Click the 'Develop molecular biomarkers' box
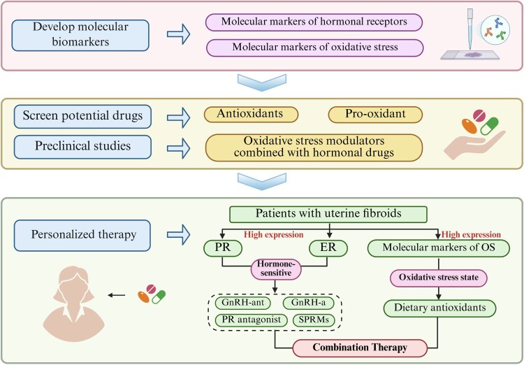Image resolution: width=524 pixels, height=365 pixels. (x=80, y=36)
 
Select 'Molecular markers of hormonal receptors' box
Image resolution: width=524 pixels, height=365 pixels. (x=314, y=22)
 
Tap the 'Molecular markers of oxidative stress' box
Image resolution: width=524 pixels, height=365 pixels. (x=315, y=48)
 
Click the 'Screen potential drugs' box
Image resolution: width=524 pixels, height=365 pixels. (x=82, y=117)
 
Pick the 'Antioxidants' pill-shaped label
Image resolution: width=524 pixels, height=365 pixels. (x=251, y=115)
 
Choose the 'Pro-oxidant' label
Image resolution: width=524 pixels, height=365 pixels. (x=375, y=115)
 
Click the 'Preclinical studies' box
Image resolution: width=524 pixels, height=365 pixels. (x=82, y=147)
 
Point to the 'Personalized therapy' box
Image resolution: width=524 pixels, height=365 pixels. (x=82, y=235)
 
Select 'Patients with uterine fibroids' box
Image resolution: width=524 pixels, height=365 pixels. (x=328, y=215)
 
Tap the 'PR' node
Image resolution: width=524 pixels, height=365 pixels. (x=223, y=248)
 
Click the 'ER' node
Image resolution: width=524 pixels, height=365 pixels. (x=328, y=248)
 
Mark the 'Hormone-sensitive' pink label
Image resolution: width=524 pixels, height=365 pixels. (x=276, y=269)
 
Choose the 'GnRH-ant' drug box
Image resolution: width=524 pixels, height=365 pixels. (x=242, y=303)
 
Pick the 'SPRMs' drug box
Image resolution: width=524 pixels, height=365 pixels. (x=314, y=320)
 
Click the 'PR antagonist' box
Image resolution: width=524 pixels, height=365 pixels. (x=252, y=320)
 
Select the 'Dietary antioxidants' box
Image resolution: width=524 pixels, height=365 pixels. (x=439, y=308)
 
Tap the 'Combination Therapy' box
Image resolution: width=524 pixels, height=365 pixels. (x=360, y=348)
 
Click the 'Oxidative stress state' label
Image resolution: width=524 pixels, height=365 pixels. (x=439, y=278)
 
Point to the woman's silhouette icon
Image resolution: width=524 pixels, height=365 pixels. (x=74, y=303)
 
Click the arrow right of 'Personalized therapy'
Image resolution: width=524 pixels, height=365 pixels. (x=178, y=234)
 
